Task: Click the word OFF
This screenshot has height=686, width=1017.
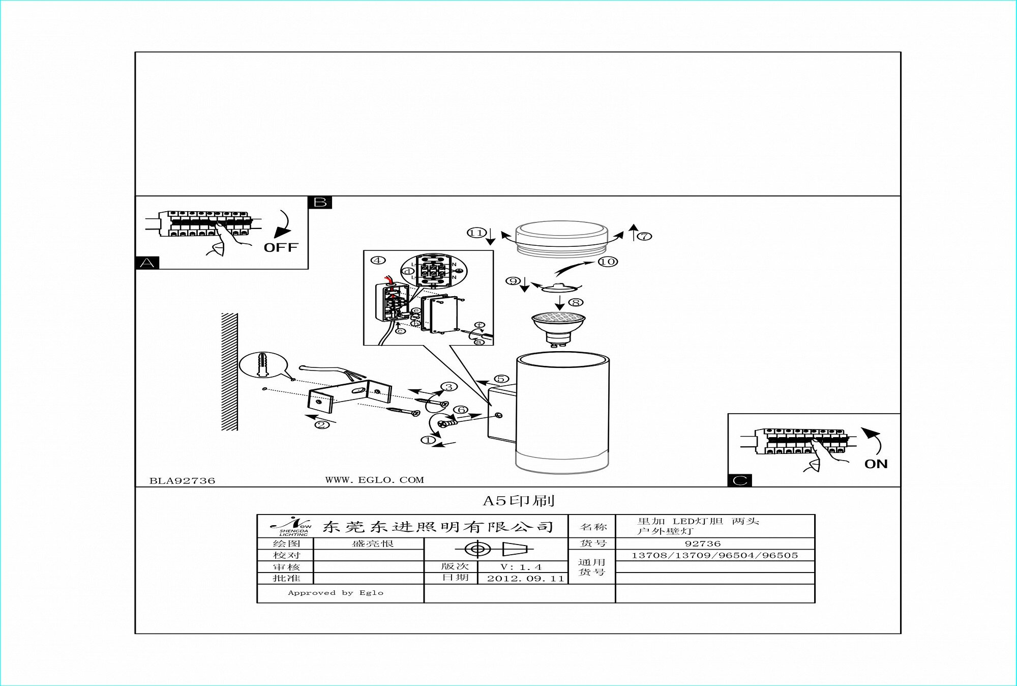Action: tap(281, 248)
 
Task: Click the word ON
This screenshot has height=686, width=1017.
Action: tap(876, 464)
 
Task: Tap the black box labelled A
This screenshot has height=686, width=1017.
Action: tap(147, 263)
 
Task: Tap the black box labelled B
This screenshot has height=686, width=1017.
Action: tap(320, 203)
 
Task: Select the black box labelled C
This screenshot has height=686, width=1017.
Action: tap(739, 480)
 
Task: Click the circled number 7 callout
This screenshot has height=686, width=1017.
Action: tap(644, 236)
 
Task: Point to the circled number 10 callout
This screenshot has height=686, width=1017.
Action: tap(608, 262)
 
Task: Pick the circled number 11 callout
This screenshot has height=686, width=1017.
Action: tap(476, 233)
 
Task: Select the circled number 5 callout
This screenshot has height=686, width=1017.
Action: tap(501, 379)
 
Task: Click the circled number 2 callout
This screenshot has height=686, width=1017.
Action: tap(321, 425)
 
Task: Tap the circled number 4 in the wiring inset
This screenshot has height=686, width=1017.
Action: tap(378, 260)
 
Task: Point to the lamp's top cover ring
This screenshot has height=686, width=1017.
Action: tap(561, 238)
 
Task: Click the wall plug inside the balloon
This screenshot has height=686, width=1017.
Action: tap(263, 364)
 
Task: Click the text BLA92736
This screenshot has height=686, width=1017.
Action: tap(182, 481)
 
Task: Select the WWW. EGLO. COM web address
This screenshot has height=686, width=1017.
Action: tap(374, 480)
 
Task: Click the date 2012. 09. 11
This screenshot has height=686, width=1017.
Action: tap(525, 579)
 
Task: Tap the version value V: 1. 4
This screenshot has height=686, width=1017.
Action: tap(521, 567)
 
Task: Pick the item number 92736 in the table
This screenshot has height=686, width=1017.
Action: tap(702, 544)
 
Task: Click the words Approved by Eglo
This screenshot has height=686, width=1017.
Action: tap(336, 593)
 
